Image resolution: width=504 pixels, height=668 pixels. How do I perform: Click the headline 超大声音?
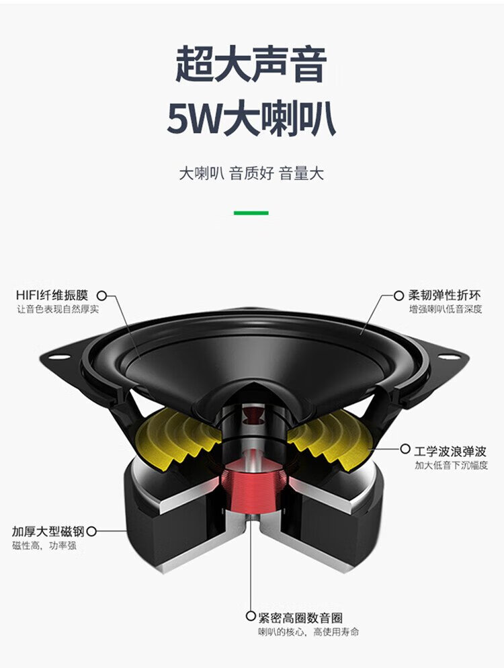pyautogui.click(x=251, y=65)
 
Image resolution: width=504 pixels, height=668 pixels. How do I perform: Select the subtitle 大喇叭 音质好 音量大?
pyautogui.click(x=251, y=173)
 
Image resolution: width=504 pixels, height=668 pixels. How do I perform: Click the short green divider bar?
pyautogui.click(x=251, y=212)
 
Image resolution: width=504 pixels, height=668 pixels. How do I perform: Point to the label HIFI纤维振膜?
pyautogui.click(x=52, y=295)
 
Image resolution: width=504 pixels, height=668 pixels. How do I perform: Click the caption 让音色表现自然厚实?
pyautogui.click(x=58, y=309)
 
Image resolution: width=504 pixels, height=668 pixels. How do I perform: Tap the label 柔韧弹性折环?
pyautogui.click(x=444, y=295)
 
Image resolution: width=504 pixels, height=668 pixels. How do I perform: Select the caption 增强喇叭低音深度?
pyautogui.click(x=446, y=309)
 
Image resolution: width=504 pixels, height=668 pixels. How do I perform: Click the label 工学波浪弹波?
pyautogui.click(x=450, y=451)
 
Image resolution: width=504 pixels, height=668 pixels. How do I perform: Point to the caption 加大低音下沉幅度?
pyautogui.click(x=451, y=465)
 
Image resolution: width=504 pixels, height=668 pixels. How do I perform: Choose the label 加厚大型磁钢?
pyautogui.click(x=48, y=532)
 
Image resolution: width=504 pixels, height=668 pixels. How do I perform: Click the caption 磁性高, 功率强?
pyautogui.click(x=44, y=545)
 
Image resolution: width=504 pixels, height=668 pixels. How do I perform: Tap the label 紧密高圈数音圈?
pyautogui.click(x=300, y=618)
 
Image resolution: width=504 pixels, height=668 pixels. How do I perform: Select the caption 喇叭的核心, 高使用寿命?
pyautogui.click(x=308, y=632)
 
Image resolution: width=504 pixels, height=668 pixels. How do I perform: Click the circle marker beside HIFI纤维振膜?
pyautogui.click(x=101, y=295)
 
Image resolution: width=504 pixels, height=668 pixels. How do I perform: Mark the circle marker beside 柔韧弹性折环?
pyautogui.click(x=398, y=295)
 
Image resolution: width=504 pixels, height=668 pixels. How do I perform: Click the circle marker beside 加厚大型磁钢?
pyautogui.click(x=91, y=532)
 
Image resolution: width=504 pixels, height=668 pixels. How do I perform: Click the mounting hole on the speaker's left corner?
pyautogui.click(x=59, y=357)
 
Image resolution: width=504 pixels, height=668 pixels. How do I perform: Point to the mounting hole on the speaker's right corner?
pyautogui.click(x=449, y=357)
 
